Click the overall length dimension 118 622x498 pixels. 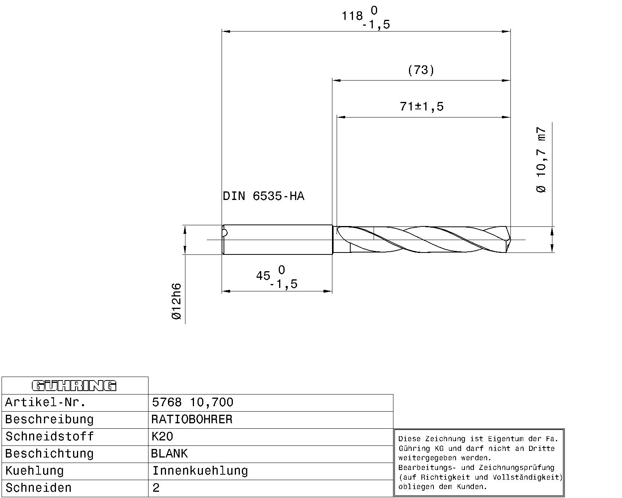coord(352,16)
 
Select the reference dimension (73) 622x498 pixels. coord(421,70)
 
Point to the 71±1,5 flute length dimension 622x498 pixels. coord(422,106)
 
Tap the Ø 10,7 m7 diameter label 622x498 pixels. coord(542,160)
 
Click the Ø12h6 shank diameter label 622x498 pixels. coord(176,302)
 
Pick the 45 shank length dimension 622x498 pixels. coord(264,276)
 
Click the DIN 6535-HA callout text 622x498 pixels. coord(264,196)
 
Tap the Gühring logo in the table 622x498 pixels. coord(74,386)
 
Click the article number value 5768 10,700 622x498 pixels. coord(192,402)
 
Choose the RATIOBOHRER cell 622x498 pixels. coord(192,419)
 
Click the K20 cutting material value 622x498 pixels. coord(162,437)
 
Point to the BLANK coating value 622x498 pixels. coord(169,454)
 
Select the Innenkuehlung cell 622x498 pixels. coord(200,471)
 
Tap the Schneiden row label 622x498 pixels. coord(38,488)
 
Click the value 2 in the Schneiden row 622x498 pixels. coord(156,488)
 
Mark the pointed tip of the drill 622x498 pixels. coord(510,240)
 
